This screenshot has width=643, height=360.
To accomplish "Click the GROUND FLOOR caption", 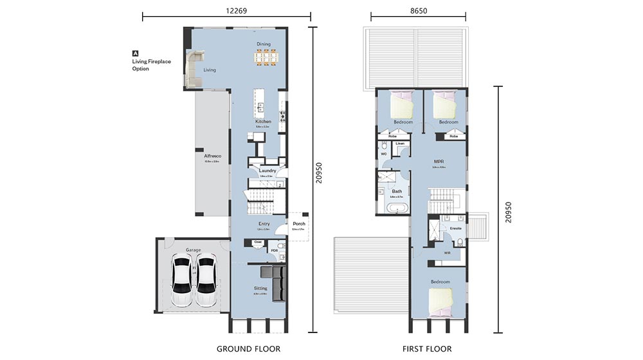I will (x=248, y=349).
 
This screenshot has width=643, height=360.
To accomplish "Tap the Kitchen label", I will (x=263, y=122).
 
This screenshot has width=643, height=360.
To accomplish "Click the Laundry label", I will (x=267, y=170).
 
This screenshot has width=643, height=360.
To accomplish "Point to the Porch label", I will (x=298, y=224).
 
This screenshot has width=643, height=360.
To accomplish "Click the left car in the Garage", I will (x=183, y=273).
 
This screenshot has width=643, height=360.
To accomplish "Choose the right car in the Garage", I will (x=206, y=273).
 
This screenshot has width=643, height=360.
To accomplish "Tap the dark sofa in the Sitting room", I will (x=279, y=283).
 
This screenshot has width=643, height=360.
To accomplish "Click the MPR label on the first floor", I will (x=439, y=162).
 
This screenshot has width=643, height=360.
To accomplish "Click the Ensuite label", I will (x=456, y=228).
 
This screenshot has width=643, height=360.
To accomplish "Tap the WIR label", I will (x=447, y=253).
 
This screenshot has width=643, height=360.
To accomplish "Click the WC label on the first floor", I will (x=383, y=154).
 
